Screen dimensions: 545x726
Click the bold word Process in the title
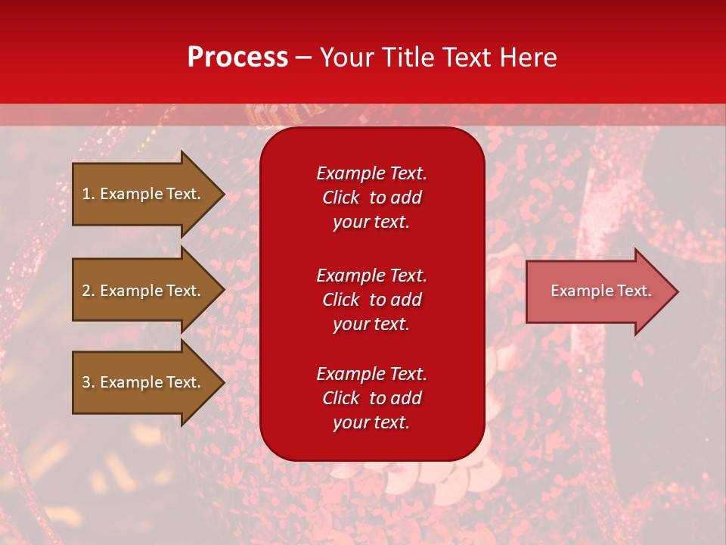point(237,58)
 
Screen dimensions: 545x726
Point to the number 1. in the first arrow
point(88,194)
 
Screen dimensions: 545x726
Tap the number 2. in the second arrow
point(88,291)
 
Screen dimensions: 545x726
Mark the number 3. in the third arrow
point(88,382)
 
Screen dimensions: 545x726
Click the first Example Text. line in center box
point(371,173)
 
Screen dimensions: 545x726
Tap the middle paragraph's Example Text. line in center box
point(371,276)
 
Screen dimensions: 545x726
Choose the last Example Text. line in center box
point(371,374)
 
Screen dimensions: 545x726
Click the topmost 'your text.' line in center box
point(371,222)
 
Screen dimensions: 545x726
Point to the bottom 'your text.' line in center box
point(371,422)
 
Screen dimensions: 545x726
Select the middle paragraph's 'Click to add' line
point(371,300)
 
